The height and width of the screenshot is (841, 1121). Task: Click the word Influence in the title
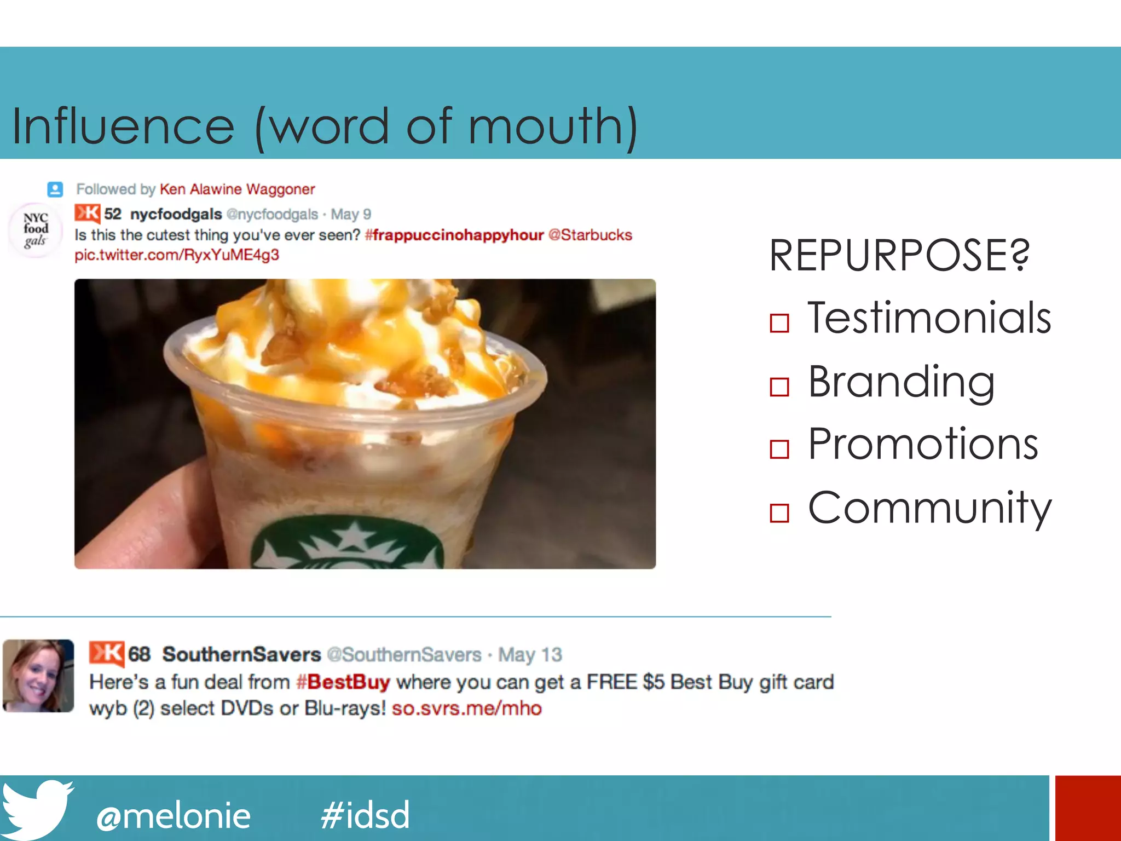click(124, 126)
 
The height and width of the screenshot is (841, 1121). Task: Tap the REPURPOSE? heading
click(899, 256)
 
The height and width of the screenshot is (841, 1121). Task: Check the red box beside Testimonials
click(779, 323)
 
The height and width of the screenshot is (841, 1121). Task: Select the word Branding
click(901, 382)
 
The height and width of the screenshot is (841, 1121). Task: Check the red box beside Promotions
click(779, 449)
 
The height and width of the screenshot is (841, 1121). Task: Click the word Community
click(929, 508)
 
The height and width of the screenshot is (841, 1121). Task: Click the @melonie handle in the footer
click(174, 816)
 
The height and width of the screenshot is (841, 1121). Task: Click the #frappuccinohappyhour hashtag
click(454, 235)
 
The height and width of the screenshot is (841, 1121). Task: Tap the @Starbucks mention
click(590, 235)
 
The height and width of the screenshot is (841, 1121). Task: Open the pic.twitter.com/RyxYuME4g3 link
click(177, 255)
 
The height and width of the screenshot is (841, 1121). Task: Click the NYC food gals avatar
click(36, 230)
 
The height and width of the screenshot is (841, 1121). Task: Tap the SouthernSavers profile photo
click(38, 676)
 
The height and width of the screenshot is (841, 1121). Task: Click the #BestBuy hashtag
click(343, 682)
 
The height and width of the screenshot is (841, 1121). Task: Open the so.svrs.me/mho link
click(467, 708)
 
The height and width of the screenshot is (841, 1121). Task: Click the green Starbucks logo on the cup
click(348, 545)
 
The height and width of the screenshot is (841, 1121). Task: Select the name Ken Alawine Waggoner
click(237, 189)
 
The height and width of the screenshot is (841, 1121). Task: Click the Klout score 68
click(139, 654)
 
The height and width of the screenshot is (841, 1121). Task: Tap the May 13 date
click(530, 655)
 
